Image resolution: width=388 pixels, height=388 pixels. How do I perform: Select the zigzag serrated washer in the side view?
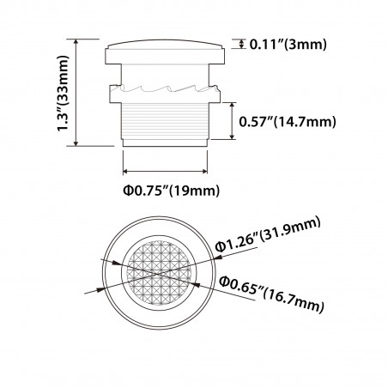(x=166, y=88)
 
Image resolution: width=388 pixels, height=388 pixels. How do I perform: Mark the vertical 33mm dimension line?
(x=78, y=91)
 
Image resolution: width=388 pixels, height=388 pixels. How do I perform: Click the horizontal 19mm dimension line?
(x=166, y=168)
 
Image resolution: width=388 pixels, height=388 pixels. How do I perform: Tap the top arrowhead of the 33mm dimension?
(x=78, y=40)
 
